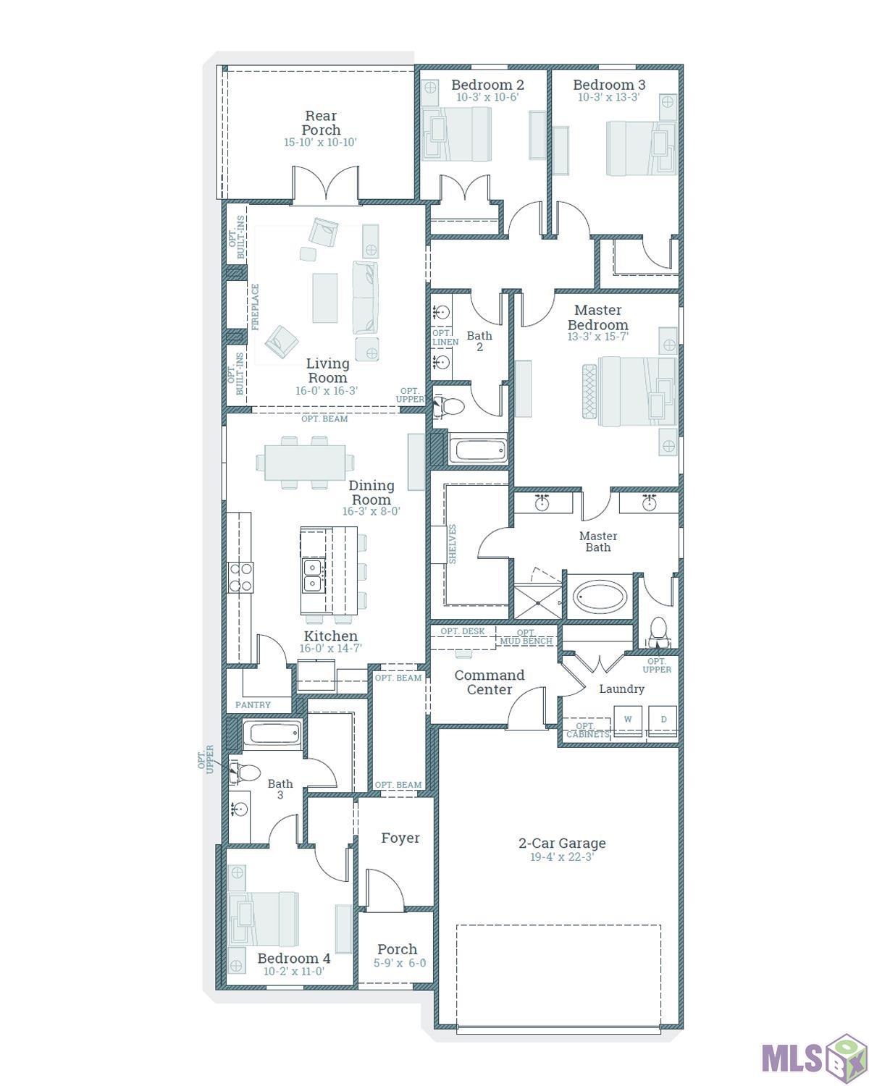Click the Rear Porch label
point(321,122)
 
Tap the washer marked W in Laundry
point(627,721)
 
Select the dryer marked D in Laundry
point(663,721)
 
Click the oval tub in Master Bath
point(600,597)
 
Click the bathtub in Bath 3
point(273,733)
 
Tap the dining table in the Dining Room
point(305,463)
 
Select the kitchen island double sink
point(314,576)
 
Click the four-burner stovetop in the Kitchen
point(240,577)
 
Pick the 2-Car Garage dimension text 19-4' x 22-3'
point(561,856)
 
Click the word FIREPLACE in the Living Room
point(255,307)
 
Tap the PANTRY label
point(253,705)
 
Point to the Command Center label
point(490,682)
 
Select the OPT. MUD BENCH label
point(526,637)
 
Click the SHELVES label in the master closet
point(453,544)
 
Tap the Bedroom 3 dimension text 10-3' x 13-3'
point(609,98)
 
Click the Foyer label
point(400,838)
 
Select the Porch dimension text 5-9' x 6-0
point(400,964)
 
